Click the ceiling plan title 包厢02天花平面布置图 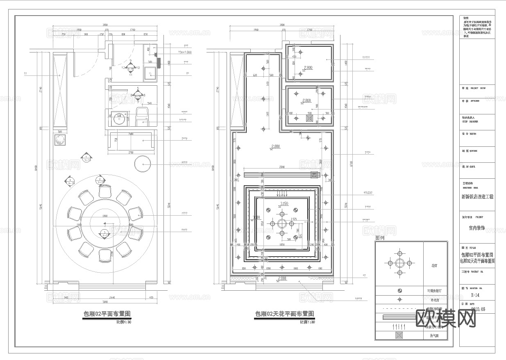285,314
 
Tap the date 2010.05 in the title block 478,310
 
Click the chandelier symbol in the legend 399,263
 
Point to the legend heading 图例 380,238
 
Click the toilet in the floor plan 142,115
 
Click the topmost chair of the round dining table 105,191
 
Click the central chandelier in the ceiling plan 281,223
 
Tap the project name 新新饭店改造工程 477,197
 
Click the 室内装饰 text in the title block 477,228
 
